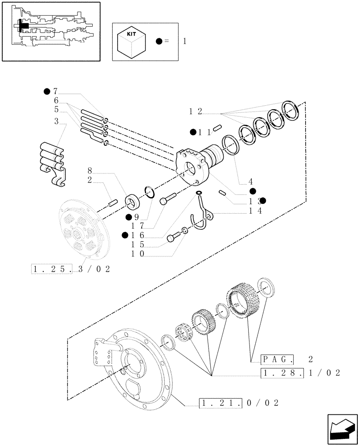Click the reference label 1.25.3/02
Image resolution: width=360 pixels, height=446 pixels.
pyautogui.click(x=71, y=269)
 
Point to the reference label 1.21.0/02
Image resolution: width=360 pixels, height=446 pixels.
pyautogui.click(x=239, y=403)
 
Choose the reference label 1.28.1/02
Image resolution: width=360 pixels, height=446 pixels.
pyautogui.click(x=301, y=373)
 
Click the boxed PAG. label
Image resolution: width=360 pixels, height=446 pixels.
pyautogui.click(x=278, y=359)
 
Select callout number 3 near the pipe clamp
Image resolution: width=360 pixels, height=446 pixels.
pyautogui.click(x=57, y=121)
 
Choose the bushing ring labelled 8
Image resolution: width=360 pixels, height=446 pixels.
pyautogui.click(x=132, y=203)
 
